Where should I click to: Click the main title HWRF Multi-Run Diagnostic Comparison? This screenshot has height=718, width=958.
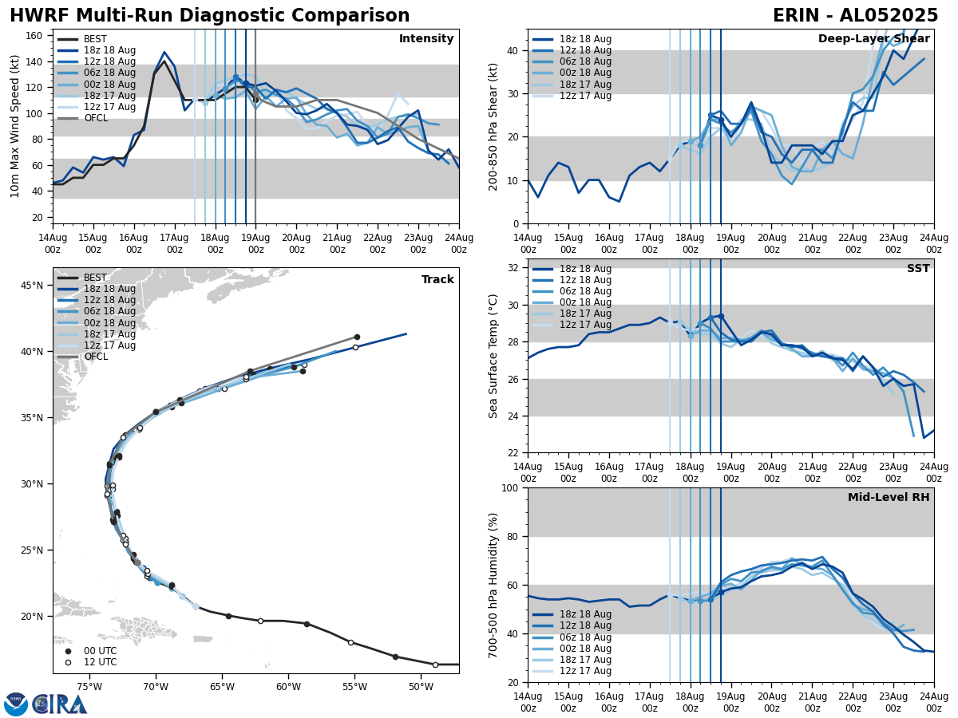209,16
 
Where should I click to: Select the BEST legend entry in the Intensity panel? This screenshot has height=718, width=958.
94,39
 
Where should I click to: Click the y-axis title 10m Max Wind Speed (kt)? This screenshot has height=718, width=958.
15,126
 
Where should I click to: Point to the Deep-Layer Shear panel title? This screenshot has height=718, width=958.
873,39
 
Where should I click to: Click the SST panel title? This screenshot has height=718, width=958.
917,269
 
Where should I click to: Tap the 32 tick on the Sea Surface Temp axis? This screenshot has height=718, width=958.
515,268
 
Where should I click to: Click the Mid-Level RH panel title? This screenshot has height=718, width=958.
889,498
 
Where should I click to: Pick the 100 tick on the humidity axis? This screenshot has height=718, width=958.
512,487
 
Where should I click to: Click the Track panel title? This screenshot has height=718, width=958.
437,280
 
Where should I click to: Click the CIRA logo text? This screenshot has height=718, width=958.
60,704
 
